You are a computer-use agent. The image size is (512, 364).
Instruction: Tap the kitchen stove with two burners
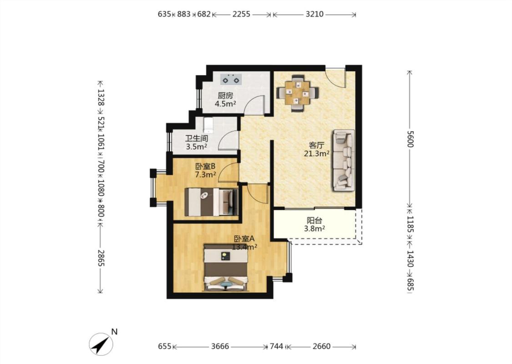pyautogui.click(x=231, y=79)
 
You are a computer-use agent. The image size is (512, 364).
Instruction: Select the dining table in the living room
pyautogui.click(x=297, y=93)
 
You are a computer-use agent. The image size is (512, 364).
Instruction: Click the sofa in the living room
pyautogui.click(x=344, y=160)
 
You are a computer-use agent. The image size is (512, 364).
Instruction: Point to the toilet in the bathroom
pyautogui.click(x=208, y=125)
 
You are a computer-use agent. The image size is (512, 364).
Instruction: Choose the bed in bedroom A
pyautogui.click(x=226, y=268)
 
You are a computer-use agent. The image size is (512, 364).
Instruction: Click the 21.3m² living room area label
pyautogui.click(x=316, y=153)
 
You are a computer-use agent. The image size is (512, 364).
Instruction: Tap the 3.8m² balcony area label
pyautogui.click(x=314, y=228)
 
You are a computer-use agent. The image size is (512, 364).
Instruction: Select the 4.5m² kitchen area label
pyautogui.click(x=225, y=104)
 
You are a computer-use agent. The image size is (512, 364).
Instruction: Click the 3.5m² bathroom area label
pyautogui.click(x=197, y=147)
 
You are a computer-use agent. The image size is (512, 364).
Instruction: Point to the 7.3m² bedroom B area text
pyautogui.click(x=205, y=175)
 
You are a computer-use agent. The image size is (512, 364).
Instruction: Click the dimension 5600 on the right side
pyautogui.click(x=410, y=139)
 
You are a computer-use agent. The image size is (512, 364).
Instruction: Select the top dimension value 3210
pyautogui.click(x=314, y=14)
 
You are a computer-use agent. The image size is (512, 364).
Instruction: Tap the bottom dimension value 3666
pyautogui.click(x=220, y=346)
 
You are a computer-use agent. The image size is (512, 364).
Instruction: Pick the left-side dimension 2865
pyautogui.click(x=101, y=258)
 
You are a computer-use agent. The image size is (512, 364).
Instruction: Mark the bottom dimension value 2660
pyautogui.click(x=321, y=346)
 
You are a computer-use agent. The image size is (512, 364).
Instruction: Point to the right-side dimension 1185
pyautogui.click(x=410, y=224)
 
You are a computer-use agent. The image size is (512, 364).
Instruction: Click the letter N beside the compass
pyautogui.click(x=114, y=332)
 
